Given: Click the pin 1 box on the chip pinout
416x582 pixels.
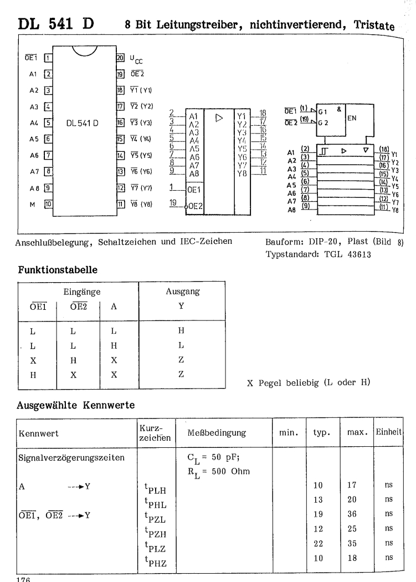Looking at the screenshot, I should [48, 58].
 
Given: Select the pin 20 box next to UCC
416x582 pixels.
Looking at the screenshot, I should [119, 58].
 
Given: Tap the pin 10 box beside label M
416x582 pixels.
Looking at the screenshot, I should [48, 203].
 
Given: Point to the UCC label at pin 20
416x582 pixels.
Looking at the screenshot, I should [136, 59].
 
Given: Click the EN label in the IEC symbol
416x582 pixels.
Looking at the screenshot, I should [353, 118].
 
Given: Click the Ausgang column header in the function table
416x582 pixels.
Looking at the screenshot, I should [182, 291].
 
